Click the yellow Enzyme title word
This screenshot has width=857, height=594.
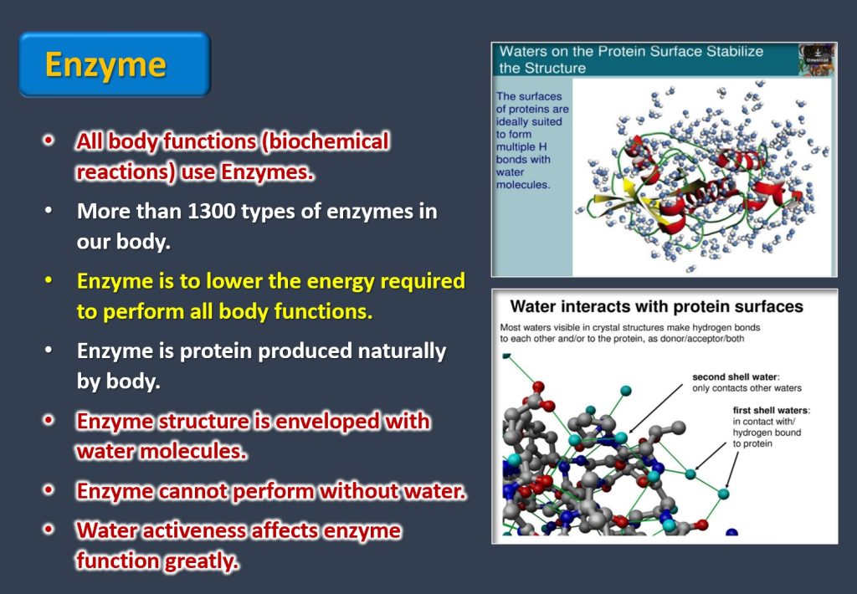105,65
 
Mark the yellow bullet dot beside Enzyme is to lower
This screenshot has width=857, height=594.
49,280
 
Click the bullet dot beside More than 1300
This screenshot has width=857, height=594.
49,210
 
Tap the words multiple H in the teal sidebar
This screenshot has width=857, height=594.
521,147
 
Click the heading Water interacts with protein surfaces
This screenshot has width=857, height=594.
656,306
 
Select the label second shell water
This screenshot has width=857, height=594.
735,377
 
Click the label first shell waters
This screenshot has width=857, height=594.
771,411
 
